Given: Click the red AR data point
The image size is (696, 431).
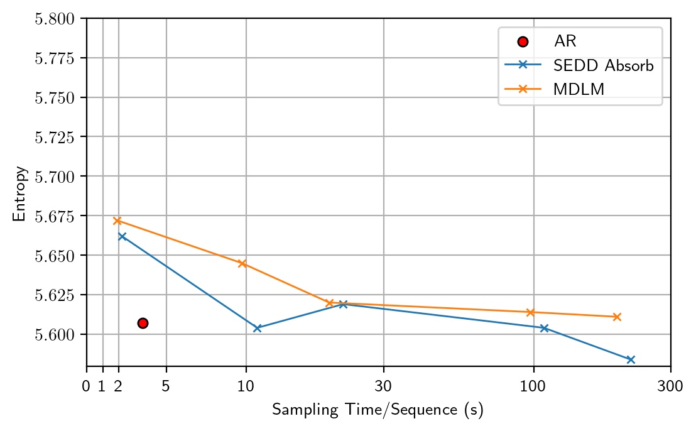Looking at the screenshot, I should click(x=143, y=323).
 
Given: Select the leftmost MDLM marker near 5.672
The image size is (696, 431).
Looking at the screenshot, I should click(x=117, y=221).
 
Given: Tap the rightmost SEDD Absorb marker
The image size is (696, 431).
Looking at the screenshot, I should click(x=631, y=359).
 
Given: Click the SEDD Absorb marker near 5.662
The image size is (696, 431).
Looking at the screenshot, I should click(x=122, y=236).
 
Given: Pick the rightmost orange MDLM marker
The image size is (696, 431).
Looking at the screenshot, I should click(x=617, y=317).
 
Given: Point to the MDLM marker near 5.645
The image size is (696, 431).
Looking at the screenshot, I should click(x=242, y=263).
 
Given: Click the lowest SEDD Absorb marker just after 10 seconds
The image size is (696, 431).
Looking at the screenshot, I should click(x=257, y=328).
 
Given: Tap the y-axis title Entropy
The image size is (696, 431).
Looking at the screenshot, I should click(x=20, y=193).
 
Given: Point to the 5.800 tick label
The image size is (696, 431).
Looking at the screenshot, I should click(x=55, y=19).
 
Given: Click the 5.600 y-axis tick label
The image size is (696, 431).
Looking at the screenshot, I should click(x=55, y=334).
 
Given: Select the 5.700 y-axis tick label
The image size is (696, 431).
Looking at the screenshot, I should click(x=55, y=177).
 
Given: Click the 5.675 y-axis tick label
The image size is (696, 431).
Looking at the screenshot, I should click(x=55, y=216).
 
